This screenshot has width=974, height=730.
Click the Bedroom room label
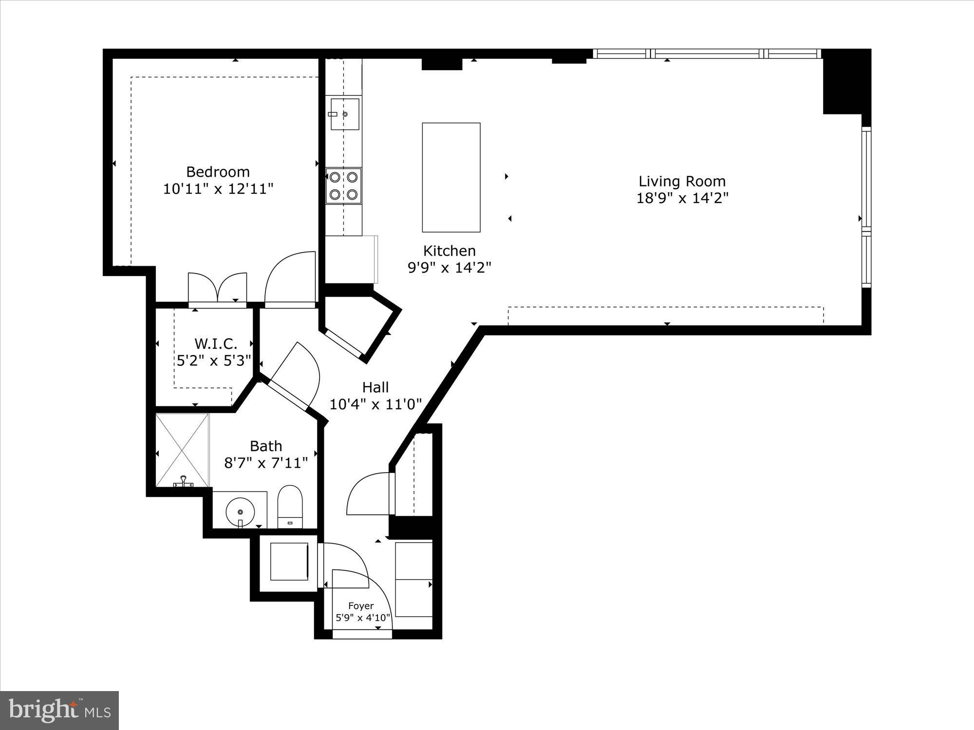[218, 172]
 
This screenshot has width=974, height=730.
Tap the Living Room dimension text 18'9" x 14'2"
[682, 199]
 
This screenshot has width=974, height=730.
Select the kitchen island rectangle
[451, 177]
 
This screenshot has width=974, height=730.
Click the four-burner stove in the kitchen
[343, 185]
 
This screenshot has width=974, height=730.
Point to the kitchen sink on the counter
[345, 114]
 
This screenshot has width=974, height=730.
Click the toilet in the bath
[290, 506]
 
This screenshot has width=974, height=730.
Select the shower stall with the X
[182, 450]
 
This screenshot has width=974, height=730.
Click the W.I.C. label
[216, 344]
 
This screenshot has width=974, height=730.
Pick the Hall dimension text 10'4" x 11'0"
[375, 404]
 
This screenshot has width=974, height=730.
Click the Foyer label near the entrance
[361, 606]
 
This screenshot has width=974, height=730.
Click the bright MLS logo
[59, 710]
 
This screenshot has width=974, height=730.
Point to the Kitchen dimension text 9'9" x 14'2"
[449, 268]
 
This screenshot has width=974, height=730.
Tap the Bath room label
[266, 446]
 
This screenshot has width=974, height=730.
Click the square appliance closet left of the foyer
[289, 562]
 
